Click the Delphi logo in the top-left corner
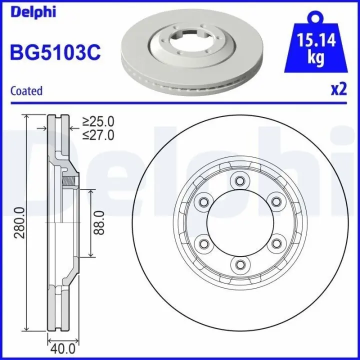(x=33, y=11)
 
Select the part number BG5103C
(x=55, y=52)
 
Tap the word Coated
(x=26, y=91)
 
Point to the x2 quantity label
(x=338, y=89)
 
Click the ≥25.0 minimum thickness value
(x=98, y=121)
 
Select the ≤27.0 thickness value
(x=98, y=135)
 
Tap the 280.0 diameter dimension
(x=19, y=222)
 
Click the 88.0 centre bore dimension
(x=99, y=223)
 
